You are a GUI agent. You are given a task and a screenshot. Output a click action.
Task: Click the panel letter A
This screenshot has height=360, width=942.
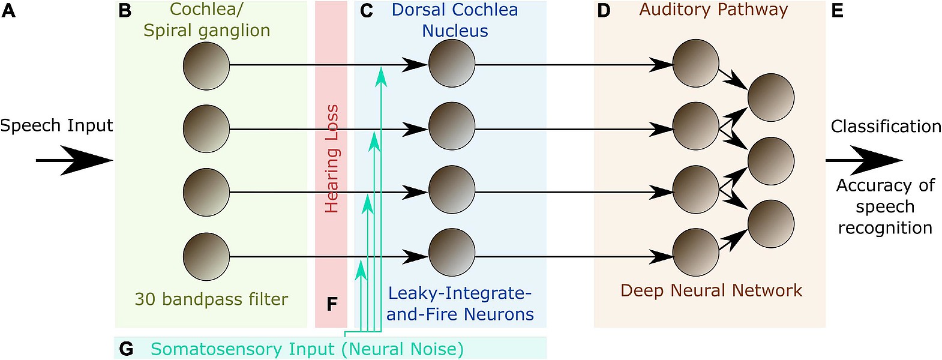[8, 11]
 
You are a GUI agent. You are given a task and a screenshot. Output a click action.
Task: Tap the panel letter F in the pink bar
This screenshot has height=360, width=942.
[332, 304]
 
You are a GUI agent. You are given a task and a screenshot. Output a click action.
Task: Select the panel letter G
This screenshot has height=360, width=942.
[127, 349]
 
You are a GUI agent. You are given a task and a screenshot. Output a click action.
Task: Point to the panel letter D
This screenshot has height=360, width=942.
[604, 11]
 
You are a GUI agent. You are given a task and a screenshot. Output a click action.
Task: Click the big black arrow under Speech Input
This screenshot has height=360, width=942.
[75, 160]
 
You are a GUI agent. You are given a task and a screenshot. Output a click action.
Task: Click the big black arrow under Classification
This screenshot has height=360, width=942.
[864, 160]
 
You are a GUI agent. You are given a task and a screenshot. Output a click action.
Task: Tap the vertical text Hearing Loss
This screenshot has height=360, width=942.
[332, 158]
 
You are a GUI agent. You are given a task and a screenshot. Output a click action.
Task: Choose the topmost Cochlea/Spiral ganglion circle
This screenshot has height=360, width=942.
[206, 65]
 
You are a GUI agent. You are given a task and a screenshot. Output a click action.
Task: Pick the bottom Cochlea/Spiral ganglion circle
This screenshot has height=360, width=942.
[206, 256]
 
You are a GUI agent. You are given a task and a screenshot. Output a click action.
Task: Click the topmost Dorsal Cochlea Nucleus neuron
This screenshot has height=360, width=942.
[452, 64]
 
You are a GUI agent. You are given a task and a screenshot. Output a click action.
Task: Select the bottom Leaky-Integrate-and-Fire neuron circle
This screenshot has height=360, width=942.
[452, 253]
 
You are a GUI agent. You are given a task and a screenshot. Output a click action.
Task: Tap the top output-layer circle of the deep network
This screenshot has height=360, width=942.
[771, 98]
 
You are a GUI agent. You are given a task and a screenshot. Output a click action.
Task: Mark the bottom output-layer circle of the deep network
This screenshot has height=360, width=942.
[771, 224]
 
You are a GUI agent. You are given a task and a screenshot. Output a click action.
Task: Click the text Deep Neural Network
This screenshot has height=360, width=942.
[711, 290]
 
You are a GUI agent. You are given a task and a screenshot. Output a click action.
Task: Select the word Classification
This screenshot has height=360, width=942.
[886, 126]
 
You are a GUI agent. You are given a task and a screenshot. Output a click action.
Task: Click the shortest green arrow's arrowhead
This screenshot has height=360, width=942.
[361, 270]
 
